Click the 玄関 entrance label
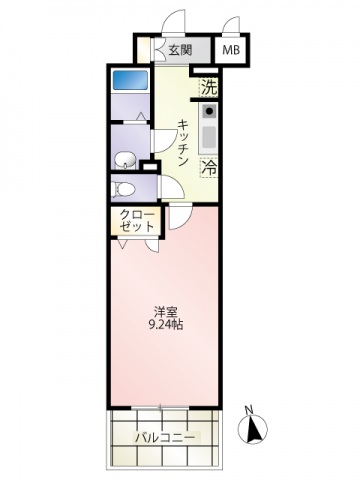click(180, 50)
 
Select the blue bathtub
click(127, 79)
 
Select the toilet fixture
click(125, 187)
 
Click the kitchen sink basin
click(209, 134)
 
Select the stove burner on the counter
click(209, 110)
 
